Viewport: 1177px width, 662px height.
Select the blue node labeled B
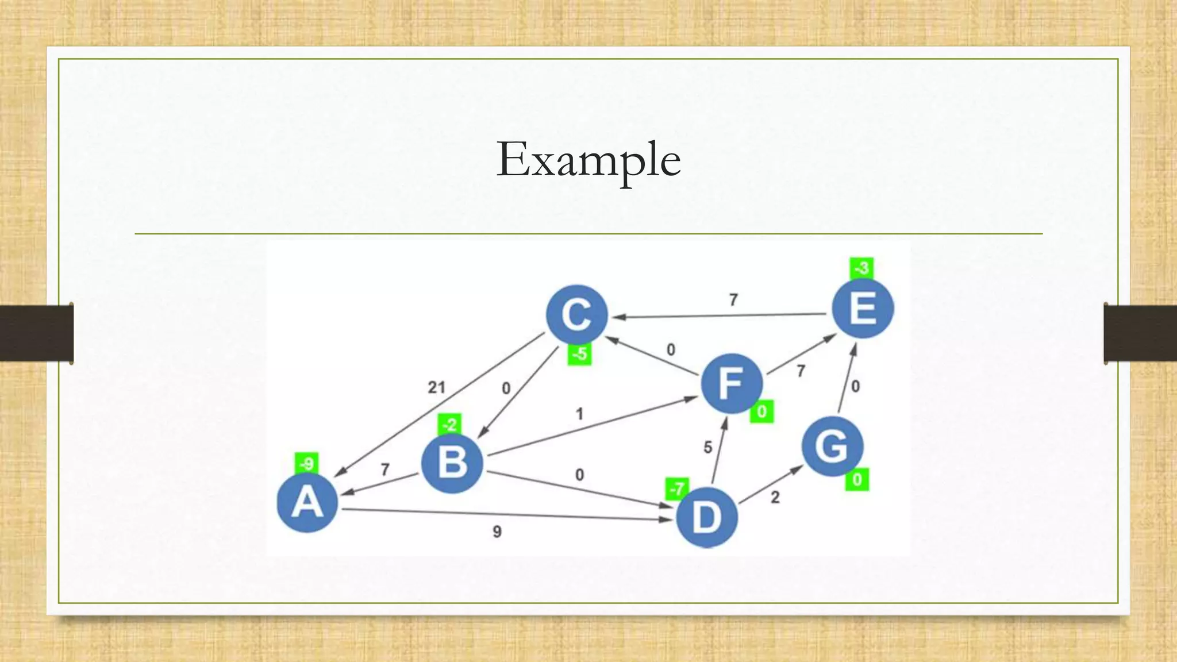[452, 463]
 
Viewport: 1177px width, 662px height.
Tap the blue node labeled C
[576, 315]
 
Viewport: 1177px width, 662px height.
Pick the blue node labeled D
[706, 517]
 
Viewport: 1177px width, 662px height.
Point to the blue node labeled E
[863, 308]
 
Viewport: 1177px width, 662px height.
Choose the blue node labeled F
[732, 383]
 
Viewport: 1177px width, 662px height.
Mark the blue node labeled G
[832, 447]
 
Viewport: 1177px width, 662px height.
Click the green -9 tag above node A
[307, 463]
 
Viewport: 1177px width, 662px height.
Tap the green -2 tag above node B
[449, 425]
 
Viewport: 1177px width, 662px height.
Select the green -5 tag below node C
[580, 354]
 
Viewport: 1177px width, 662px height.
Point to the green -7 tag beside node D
[677, 488]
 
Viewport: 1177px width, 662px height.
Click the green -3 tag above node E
[861, 268]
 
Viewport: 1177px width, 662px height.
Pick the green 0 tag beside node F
[761, 411]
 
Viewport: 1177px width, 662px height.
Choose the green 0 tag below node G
[857, 479]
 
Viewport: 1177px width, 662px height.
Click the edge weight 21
[436, 387]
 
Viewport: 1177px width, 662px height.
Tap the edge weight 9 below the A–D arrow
[497, 532]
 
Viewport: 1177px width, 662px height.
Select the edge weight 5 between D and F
[707, 447]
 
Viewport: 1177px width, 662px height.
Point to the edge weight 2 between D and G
[775, 497]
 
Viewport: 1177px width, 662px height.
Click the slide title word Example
[588, 160]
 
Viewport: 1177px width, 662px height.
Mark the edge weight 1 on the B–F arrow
[579, 414]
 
